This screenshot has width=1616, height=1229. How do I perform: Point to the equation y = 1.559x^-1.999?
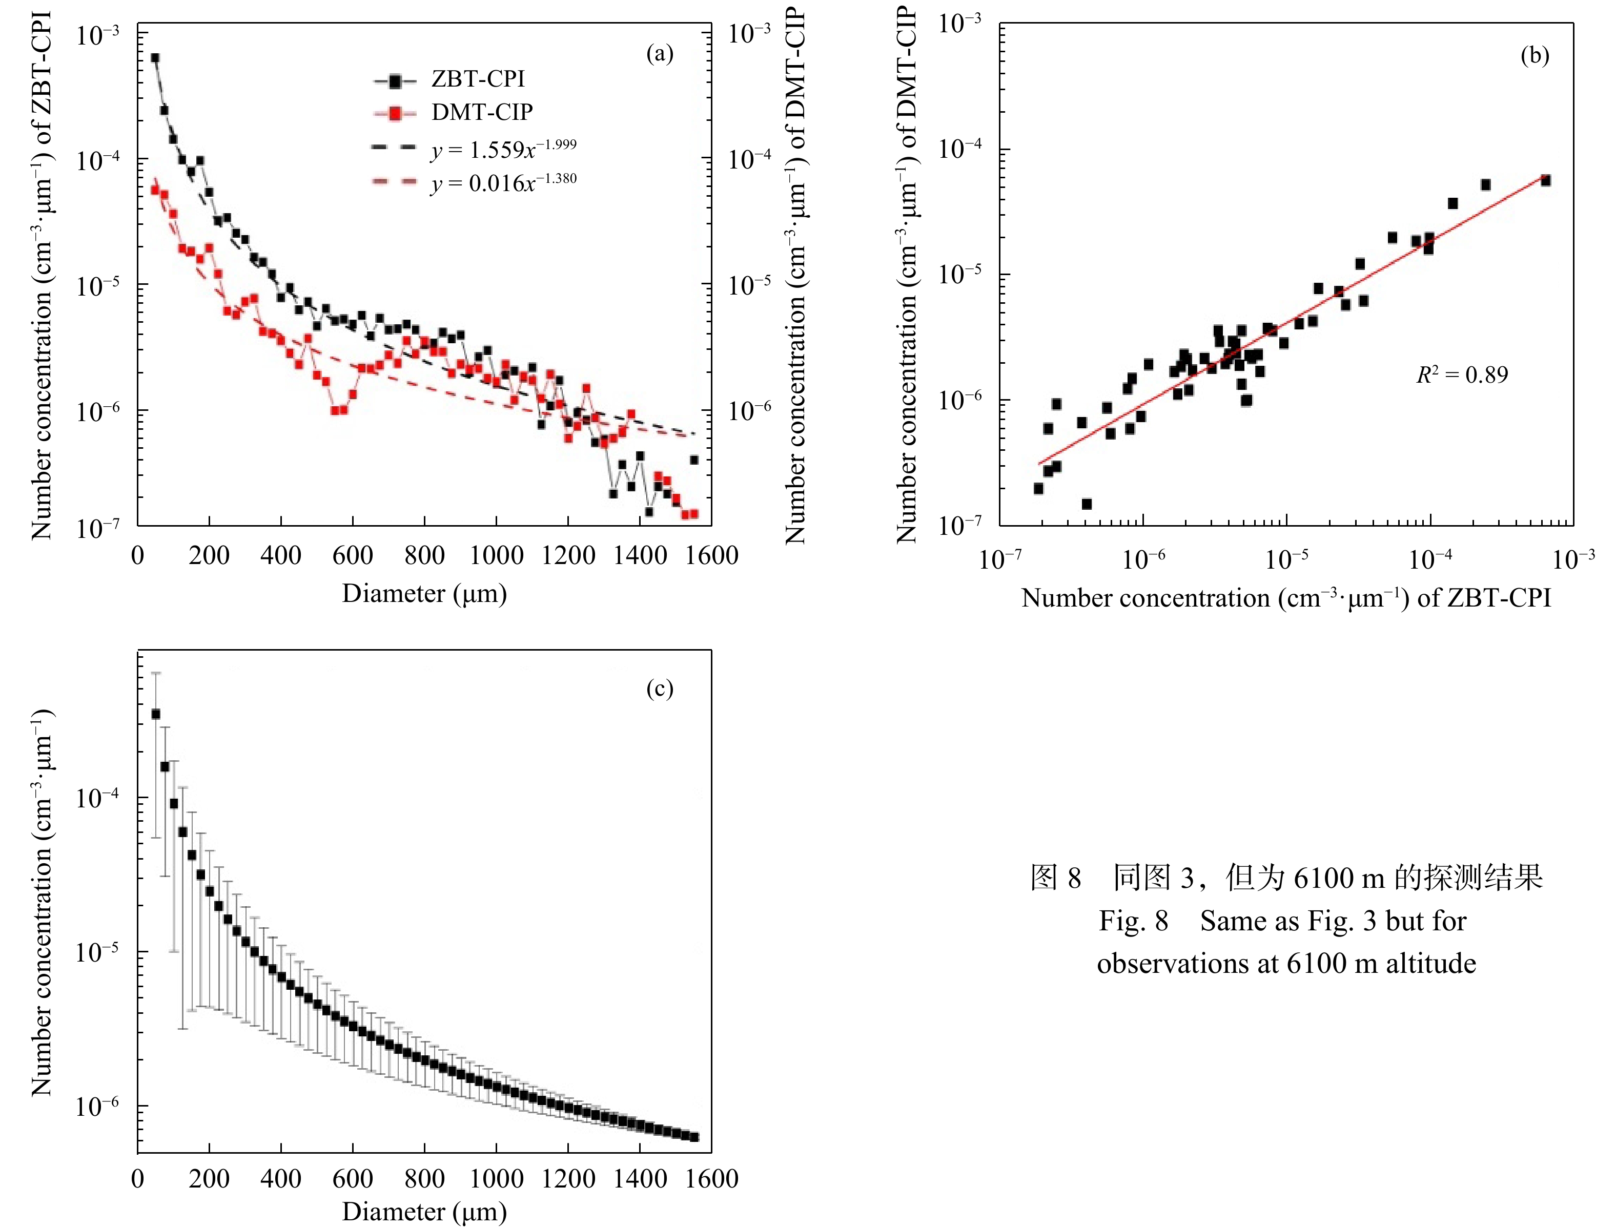503,149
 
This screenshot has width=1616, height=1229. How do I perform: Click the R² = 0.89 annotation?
1462,374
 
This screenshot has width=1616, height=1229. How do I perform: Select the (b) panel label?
1534,56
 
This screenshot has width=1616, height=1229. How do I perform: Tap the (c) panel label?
660,689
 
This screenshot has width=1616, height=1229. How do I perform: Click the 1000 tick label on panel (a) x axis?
496,556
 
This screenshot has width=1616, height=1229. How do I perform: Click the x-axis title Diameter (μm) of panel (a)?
424,593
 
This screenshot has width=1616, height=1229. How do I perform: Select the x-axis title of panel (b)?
1286,598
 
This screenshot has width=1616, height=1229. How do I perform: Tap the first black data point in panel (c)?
155,714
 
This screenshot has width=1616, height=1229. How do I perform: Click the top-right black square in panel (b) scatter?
1545,180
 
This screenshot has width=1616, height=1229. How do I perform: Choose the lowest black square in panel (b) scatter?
1086,504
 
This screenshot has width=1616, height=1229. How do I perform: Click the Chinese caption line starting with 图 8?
1286,877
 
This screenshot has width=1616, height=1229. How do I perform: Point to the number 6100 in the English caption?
1317,964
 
